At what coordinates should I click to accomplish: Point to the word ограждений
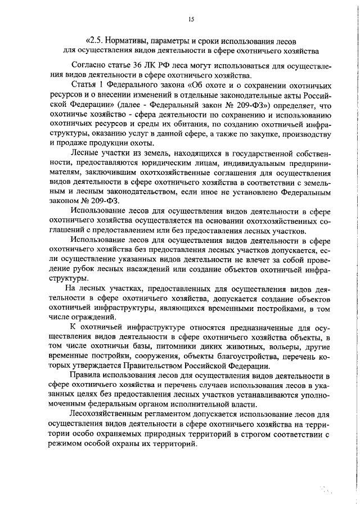coord(90,317)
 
